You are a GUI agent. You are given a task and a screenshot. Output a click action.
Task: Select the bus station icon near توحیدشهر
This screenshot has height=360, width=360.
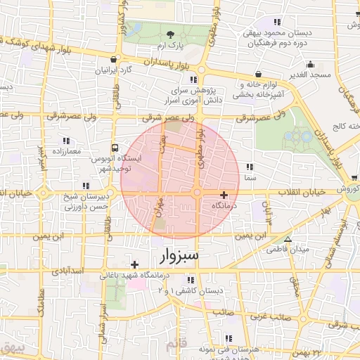(x=115, y=148)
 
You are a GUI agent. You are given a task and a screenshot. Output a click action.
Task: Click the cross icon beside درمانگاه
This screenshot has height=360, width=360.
(x=224, y=195)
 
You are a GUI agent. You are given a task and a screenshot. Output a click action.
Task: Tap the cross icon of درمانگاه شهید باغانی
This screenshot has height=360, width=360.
(x=135, y=264)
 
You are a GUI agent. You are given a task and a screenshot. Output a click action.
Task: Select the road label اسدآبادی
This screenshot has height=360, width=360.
(x=67, y=271)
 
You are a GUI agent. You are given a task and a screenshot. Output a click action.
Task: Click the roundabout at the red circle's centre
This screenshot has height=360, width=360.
(x=198, y=193)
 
